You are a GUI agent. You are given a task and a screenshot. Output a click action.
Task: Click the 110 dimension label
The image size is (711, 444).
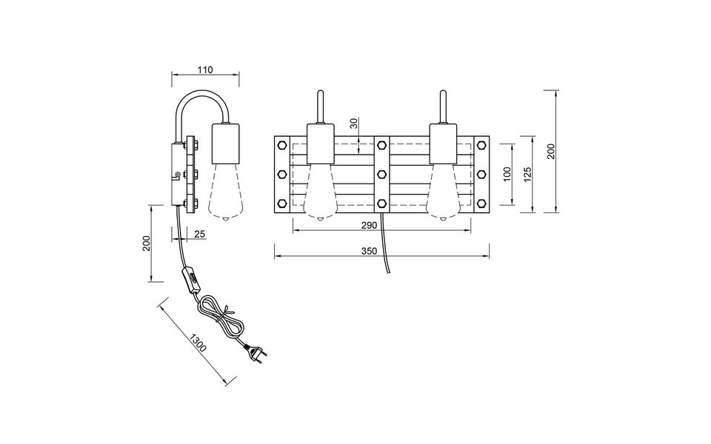pyautogui.click(x=205, y=70)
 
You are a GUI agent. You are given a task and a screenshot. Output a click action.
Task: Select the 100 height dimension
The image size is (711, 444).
pyautogui.click(x=507, y=174)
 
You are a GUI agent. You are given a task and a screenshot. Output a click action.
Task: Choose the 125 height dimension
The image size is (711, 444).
pyautogui.click(x=527, y=175)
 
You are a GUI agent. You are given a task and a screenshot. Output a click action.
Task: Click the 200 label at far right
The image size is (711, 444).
pyautogui.click(x=550, y=151)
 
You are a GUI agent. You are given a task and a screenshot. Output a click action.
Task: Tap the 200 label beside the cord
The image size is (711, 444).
pyautogui.click(x=147, y=243)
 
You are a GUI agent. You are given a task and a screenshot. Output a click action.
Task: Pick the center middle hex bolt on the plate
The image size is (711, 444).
pyautogui.click(x=381, y=174)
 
